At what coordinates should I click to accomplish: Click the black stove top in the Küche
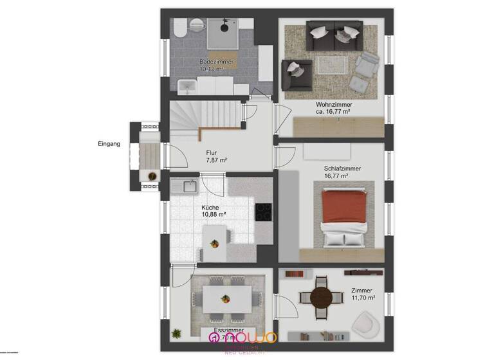[x=264, y=212]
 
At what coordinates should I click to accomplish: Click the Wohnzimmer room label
[x=333, y=104]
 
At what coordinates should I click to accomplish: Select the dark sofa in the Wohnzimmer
[x=334, y=37]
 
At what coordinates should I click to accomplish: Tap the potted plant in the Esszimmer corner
[x=176, y=334]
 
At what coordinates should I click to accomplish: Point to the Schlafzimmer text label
[x=342, y=168]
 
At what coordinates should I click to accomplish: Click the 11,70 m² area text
[x=363, y=298]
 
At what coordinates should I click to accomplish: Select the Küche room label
[x=210, y=208]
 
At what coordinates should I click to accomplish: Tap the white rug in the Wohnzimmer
[x=332, y=65]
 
